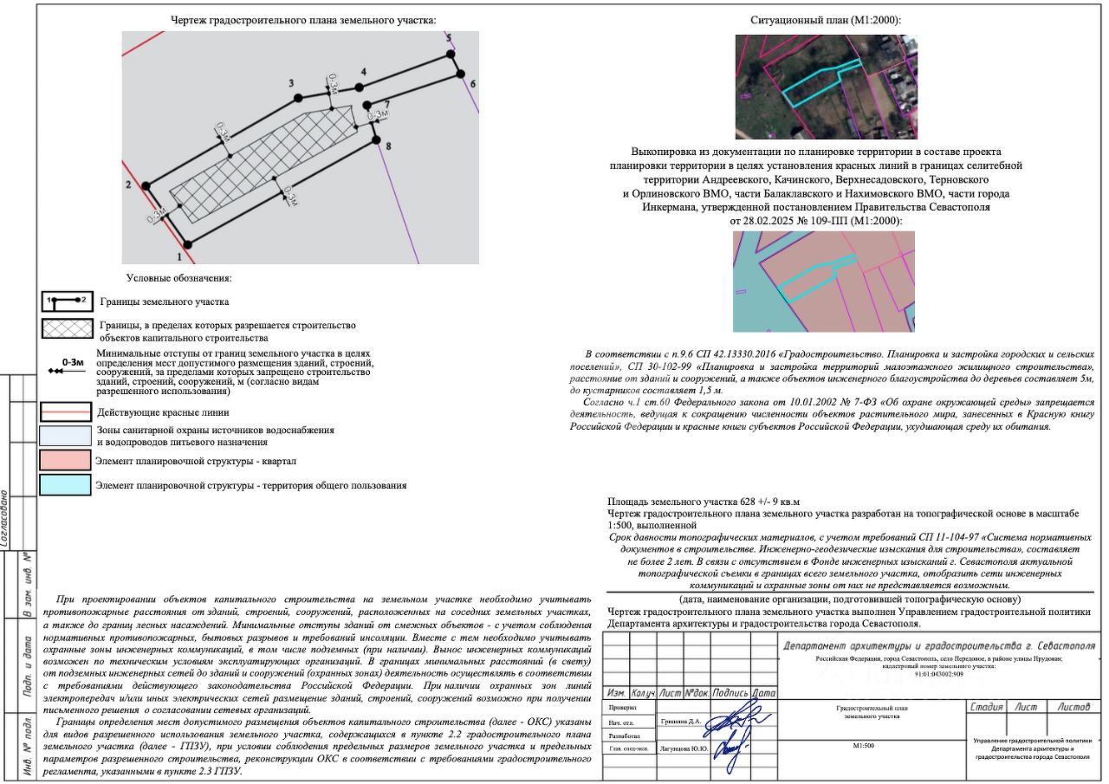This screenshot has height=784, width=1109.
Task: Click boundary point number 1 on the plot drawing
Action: coord(180,256)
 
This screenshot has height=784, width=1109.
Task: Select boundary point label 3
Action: coord(293,81)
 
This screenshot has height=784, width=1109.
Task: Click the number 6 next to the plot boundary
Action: coord(473,84)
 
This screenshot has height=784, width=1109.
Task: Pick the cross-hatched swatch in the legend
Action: coord(67,330)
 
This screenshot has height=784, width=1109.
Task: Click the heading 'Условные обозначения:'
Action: coord(178,278)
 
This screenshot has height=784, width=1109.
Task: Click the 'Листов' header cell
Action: coord(1073,707)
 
